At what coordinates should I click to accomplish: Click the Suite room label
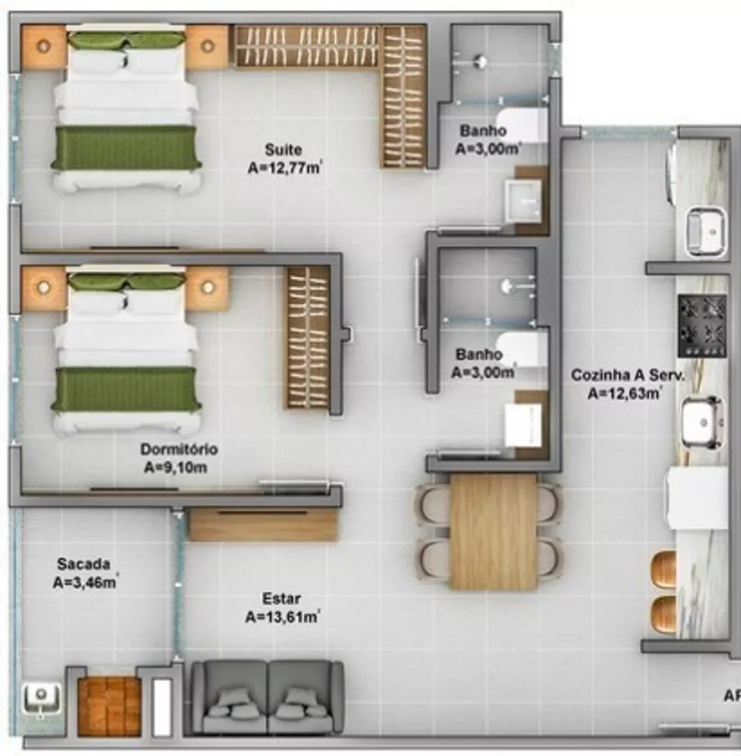285,149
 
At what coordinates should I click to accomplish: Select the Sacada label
83,564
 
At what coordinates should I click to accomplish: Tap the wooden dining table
493,531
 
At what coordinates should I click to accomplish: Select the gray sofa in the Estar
267,697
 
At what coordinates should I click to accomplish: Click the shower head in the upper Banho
479,61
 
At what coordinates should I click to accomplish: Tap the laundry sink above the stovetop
705,230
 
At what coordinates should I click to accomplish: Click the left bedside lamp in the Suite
44,47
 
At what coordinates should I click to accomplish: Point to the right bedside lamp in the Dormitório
207,287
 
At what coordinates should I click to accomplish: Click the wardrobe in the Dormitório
308,337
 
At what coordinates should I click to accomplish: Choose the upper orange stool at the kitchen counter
664,569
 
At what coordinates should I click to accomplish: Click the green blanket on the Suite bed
126,147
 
